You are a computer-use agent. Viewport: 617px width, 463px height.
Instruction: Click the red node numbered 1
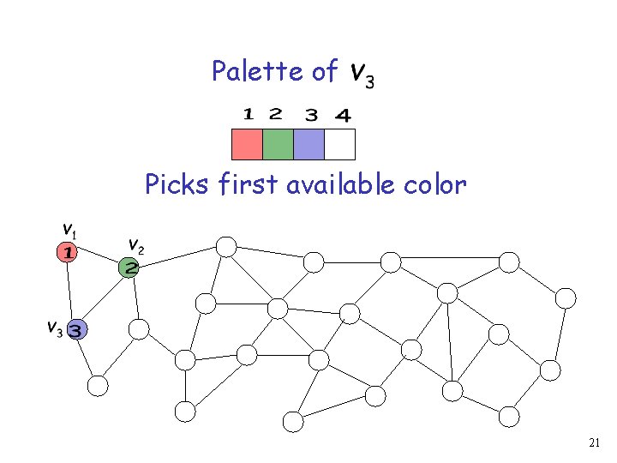[x=68, y=252]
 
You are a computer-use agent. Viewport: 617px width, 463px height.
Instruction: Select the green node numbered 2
[x=129, y=268]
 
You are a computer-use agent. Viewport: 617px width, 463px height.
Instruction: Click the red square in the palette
[x=247, y=144]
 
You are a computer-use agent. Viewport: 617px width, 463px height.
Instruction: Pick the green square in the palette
[x=278, y=144]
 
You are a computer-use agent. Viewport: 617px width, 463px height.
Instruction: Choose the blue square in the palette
[x=308, y=144]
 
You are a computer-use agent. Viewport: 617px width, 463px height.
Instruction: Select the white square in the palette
[x=339, y=144]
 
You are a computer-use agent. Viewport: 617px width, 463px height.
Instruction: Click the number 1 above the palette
[x=247, y=113]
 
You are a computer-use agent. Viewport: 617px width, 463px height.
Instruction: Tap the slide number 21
[x=596, y=443]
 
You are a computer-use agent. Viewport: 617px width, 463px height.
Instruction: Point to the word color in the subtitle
[x=438, y=184]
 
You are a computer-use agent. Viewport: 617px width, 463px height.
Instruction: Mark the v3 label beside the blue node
[x=53, y=327]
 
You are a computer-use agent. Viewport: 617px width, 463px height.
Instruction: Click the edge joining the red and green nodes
[x=98, y=260]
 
